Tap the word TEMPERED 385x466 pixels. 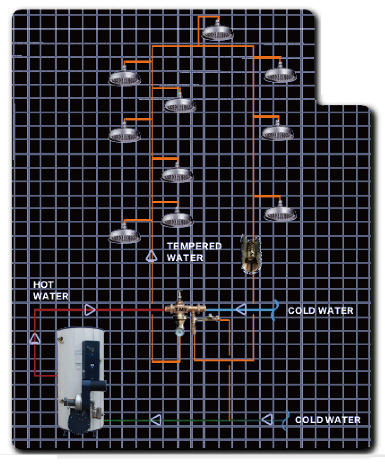[195, 247]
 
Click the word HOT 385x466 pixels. [43, 285]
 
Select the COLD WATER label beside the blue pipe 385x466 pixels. [321, 311]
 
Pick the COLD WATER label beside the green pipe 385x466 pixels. [327, 420]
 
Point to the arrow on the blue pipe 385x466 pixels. [241, 309]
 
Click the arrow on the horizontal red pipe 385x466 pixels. [90, 310]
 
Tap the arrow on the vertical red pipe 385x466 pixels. [35, 339]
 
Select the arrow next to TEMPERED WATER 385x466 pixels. [152, 256]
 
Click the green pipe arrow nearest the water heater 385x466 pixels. [156, 420]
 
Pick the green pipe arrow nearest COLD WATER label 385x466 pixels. [267, 419]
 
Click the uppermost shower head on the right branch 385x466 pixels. [280, 73]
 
